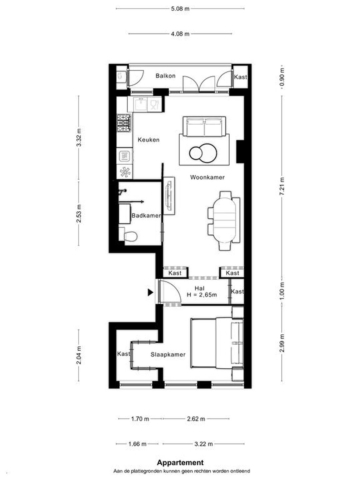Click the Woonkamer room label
[207, 177]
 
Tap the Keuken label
[148, 140]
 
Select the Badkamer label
[146, 215]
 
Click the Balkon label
[165, 76]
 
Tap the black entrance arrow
[150, 292]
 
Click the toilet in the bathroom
[128, 236]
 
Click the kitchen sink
[141, 104]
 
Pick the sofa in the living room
[204, 126]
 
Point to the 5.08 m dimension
[180, 9]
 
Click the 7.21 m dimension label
[283, 186]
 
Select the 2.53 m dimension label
[79, 213]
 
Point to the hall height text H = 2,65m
[202, 295]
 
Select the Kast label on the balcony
[240, 77]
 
